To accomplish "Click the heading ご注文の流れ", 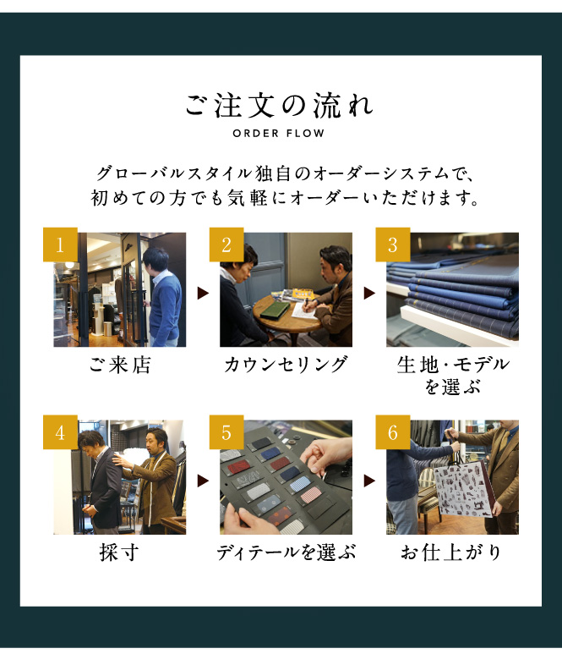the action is [279, 106].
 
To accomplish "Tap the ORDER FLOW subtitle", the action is [279, 133].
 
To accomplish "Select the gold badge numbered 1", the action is [60, 245].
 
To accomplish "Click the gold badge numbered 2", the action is [226, 245].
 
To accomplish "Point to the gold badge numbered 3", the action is [393, 245].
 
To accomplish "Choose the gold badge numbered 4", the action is [60, 432].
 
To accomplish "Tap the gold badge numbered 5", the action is [226, 432].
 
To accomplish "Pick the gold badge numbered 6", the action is [393, 432].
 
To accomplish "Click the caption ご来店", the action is [120, 365].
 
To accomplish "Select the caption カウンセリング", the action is [286, 365].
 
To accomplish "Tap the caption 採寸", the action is [119, 552].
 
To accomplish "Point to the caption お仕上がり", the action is [451, 552].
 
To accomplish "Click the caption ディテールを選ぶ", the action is [286, 552].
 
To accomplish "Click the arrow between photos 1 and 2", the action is [203, 293].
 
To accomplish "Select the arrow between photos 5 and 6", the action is [369, 481].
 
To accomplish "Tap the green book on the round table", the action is [275, 309].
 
